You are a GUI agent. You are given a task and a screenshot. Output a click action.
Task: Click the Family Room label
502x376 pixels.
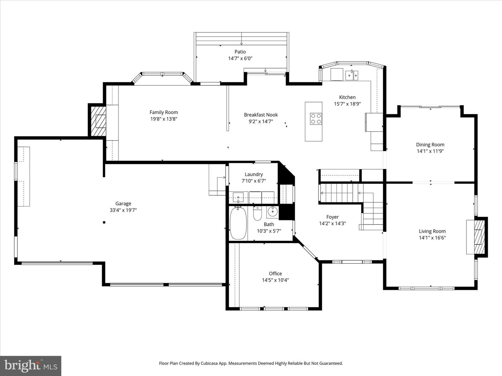click(x=163, y=112)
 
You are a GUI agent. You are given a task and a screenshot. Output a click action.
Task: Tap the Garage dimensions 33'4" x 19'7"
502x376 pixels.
click(x=123, y=210)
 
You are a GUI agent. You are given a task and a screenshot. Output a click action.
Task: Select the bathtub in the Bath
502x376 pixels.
click(x=238, y=223)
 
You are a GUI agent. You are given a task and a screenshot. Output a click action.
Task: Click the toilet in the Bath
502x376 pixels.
click(x=257, y=214)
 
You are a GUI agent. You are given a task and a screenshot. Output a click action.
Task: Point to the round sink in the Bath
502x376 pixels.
click(x=272, y=211)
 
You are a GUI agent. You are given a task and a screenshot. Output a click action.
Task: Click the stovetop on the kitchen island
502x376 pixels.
click(x=316, y=119)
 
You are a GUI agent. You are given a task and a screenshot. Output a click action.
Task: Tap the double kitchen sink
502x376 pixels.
click(x=351, y=75)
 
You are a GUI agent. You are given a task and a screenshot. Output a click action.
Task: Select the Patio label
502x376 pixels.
click(x=240, y=52)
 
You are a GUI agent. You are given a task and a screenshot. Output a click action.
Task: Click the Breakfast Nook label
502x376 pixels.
click(x=261, y=115)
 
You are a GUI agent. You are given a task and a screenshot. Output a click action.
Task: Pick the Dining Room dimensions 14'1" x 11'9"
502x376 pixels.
click(x=430, y=151)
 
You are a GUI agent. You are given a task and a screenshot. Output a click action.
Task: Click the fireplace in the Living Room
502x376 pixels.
click(x=477, y=237)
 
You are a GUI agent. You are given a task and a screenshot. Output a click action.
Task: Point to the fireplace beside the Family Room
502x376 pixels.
click(x=99, y=121)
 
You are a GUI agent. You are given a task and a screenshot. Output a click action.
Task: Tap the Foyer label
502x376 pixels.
click(x=332, y=217)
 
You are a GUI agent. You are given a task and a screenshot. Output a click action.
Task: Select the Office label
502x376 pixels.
click(x=275, y=274)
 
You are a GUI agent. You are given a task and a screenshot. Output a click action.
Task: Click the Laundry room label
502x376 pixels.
click(x=253, y=174)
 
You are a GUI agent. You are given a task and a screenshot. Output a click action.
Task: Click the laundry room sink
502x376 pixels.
click(x=238, y=197)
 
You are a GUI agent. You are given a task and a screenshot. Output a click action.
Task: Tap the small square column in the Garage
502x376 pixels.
click(x=104, y=222)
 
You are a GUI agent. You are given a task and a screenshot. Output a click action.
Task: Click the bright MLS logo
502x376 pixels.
click(x=31, y=366)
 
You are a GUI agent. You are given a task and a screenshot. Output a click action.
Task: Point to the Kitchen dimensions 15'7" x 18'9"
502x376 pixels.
click(x=347, y=104)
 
